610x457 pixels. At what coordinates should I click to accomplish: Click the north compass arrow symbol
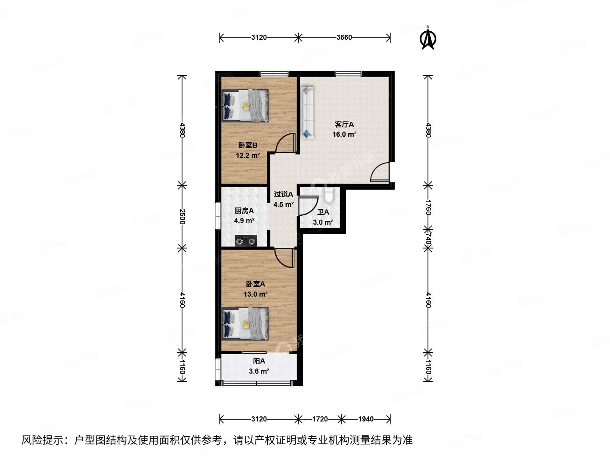coord(428,38)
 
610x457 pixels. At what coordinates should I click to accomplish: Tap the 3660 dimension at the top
coord(344,37)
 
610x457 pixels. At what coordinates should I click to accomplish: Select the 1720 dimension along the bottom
coord(320,419)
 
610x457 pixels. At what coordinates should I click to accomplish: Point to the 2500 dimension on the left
coord(182,216)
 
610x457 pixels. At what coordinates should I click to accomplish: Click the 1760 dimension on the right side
coord(428,207)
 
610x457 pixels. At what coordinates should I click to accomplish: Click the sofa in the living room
coord(308,112)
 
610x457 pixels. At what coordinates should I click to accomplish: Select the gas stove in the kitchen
coord(246,241)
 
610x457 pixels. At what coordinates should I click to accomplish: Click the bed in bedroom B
coord(245,105)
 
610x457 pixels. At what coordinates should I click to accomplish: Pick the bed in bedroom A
coord(245,324)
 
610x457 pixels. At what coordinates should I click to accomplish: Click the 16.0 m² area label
coord(344,135)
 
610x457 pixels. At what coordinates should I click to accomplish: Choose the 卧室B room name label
coord(247,145)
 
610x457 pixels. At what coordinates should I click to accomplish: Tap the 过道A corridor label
coord(283,194)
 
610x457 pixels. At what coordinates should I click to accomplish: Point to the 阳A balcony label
coord(259,361)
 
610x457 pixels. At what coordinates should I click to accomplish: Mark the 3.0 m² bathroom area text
coord(323,222)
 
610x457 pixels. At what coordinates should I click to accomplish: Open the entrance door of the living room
coord(380,173)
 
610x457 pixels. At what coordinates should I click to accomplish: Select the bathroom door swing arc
coord(308,206)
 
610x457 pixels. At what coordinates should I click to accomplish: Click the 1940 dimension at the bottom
coord(366,419)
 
